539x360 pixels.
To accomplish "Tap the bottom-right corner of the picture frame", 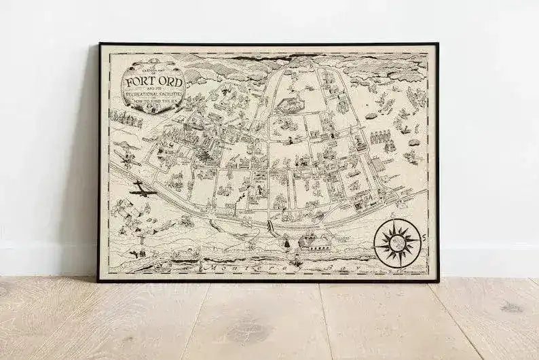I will coord(436,280).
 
